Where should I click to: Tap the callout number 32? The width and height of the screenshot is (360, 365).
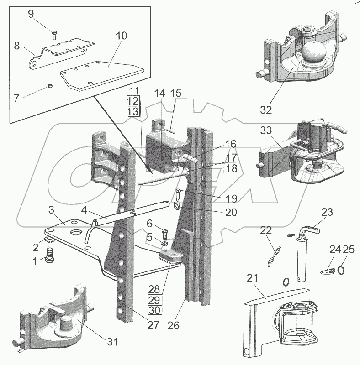(266, 110)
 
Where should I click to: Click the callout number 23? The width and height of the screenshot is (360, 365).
(327, 212)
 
